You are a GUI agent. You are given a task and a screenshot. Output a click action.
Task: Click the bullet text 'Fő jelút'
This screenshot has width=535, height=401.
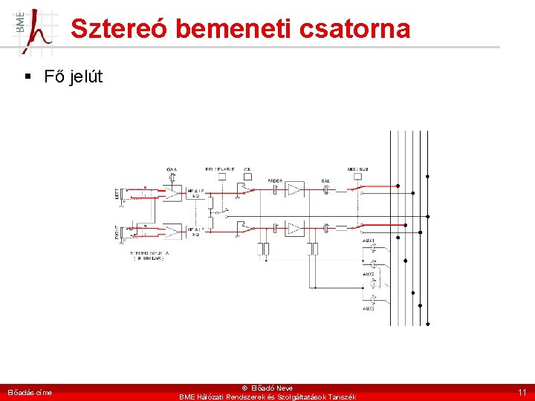tap(73, 76)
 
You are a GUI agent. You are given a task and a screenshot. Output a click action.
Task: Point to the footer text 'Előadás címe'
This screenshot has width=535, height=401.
tap(30, 392)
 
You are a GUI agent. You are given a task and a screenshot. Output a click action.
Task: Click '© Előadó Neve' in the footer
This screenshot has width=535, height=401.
tap(267, 388)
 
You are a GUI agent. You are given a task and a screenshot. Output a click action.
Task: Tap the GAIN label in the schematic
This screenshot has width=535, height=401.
tap(172, 169)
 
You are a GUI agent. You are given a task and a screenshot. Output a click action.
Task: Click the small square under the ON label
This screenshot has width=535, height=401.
tap(247, 177)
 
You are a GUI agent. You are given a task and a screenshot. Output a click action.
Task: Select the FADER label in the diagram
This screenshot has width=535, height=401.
tap(275, 180)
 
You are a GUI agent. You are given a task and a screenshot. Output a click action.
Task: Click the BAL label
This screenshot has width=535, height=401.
tap(325, 180)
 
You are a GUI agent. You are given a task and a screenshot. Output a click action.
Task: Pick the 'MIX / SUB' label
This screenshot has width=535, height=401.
tap(358, 169)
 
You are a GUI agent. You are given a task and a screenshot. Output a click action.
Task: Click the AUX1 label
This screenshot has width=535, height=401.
tap(369, 241)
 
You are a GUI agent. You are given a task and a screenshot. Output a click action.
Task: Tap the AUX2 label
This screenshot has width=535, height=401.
tap(369, 274)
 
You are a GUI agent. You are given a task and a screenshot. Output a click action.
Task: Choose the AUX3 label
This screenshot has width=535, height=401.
tap(369, 307)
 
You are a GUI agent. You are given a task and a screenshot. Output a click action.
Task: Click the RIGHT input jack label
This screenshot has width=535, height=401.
tap(117, 233)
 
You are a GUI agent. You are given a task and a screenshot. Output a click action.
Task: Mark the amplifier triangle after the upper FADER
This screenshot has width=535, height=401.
tap(295, 189)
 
